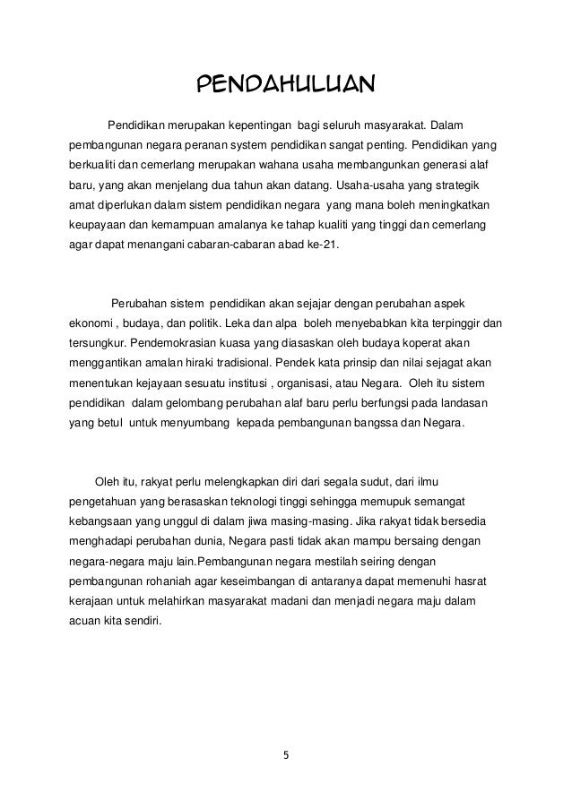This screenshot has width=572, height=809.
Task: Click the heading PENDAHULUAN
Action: [285, 85]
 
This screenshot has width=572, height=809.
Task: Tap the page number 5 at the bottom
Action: [286, 754]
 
